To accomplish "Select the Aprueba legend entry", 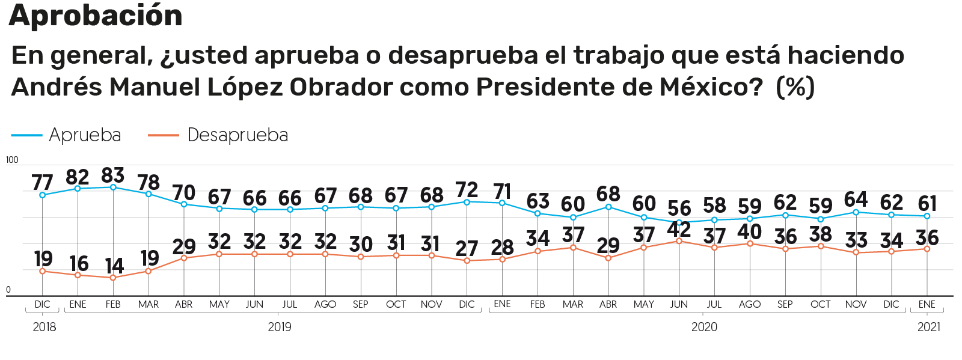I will (x=85, y=135).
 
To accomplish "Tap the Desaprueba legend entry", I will (x=237, y=135).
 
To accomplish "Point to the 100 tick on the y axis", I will (x=12, y=160).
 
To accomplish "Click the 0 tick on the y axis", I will (x=8, y=290).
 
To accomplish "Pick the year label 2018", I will (x=44, y=327).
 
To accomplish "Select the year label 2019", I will (x=280, y=327).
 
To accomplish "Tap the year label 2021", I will (x=928, y=327).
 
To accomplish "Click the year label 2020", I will (x=704, y=327).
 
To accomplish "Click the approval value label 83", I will (x=113, y=175).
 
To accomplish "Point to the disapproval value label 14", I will (x=114, y=266).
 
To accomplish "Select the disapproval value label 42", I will (x=679, y=229).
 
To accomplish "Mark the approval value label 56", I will (x=679, y=209).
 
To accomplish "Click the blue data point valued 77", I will (x=42, y=195).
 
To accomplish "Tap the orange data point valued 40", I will (x=750, y=243).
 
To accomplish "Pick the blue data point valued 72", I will (x=467, y=202).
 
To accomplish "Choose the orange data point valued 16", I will (x=78, y=275).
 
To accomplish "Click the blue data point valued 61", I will (x=927, y=216).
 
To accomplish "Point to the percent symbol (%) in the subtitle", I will (x=795, y=87).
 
